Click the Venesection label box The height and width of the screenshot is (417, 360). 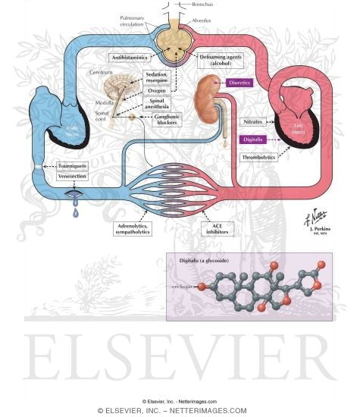point(61,178)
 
